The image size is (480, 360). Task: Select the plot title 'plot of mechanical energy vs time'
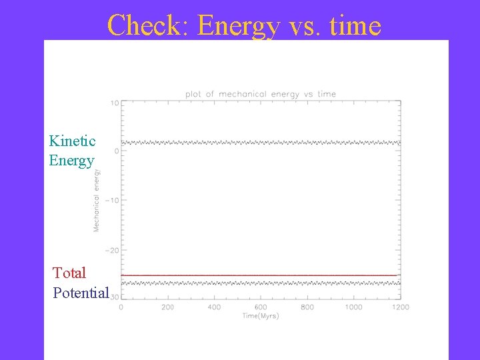pos(261,94)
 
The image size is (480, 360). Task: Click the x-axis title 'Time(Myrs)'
pos(261,316)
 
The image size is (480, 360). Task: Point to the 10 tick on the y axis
pos(115,103)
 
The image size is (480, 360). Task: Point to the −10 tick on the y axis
pos(111,201)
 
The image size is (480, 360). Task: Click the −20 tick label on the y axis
pos(111,250)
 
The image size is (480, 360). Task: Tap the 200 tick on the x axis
pos(167,307)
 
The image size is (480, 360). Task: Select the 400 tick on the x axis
pos(214,307)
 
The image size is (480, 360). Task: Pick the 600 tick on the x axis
pos(261,307)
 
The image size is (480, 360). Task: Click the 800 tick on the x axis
pos(307,307)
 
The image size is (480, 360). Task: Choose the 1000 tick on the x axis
pos(353,307)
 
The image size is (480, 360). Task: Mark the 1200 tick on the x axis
pos(400,307)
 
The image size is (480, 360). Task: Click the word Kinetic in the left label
pos(72,141)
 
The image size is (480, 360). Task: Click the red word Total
pos(69,273)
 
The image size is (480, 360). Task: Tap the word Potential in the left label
pos(81,293)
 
